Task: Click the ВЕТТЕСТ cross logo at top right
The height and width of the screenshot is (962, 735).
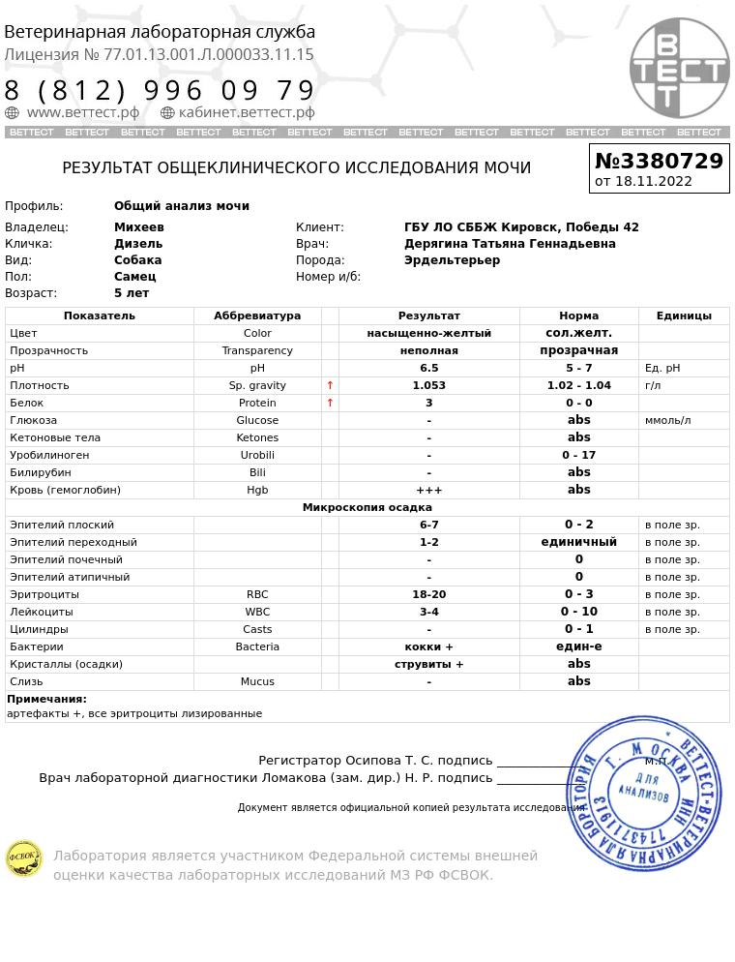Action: (x=679, y=69)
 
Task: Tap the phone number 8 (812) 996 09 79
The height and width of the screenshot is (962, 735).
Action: (x=160, y=91)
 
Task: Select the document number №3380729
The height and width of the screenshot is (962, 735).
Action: (x=659, y=161)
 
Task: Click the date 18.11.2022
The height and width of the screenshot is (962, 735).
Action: (x=653, y=181)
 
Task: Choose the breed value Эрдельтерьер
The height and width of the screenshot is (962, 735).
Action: (x=452, y=260)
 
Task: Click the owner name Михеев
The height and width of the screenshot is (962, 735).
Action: (x=139, y=227)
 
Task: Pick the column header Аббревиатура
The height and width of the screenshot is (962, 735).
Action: (x=257, y=316)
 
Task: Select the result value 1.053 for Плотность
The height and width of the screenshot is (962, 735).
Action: (x=428, y=385)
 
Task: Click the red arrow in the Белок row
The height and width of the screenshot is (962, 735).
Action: (x=330, y=403)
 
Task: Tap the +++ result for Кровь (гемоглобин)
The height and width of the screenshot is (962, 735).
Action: (x=428, y=490)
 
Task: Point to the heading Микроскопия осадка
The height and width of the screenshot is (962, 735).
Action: (x=367, y=507)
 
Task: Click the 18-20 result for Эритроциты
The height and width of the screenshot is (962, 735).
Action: (x=428, y=594)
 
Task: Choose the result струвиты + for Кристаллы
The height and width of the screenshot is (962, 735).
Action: (x=428, y=664)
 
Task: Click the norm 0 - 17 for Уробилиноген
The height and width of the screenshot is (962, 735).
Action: (x=578, y=455)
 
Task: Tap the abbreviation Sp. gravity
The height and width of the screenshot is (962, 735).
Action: (x=257, y=385)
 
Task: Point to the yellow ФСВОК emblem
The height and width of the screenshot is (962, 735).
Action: (x=24, y=857)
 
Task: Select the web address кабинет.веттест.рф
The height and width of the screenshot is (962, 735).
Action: (x=246, y=112)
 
